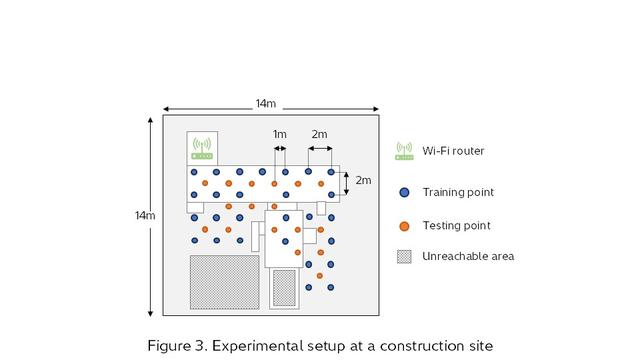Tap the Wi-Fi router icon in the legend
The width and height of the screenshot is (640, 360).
[404, 151]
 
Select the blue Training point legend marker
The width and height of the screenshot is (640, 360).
[404, 192]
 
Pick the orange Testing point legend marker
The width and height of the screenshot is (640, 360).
[404, 225]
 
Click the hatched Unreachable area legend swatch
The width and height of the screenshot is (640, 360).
[404, 256]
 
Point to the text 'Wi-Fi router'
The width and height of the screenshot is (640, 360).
[453, 151]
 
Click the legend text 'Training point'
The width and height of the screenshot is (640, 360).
[458, 192]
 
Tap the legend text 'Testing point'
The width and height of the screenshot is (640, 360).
[456, 225]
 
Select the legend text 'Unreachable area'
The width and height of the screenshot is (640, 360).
[468, 256]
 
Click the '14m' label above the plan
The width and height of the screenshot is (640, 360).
[266, 103]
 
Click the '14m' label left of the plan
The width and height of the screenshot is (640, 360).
[145, 216]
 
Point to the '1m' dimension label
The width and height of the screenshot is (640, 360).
[280, 134]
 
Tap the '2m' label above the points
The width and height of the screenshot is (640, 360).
[319, 134]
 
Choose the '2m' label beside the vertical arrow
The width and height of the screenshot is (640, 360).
[363, 181]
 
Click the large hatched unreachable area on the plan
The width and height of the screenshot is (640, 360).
[225, 282]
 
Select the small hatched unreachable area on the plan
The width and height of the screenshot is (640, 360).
[284, 288]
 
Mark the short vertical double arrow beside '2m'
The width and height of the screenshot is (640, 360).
[346, 181]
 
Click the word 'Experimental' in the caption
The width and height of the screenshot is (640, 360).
[258, 346]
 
